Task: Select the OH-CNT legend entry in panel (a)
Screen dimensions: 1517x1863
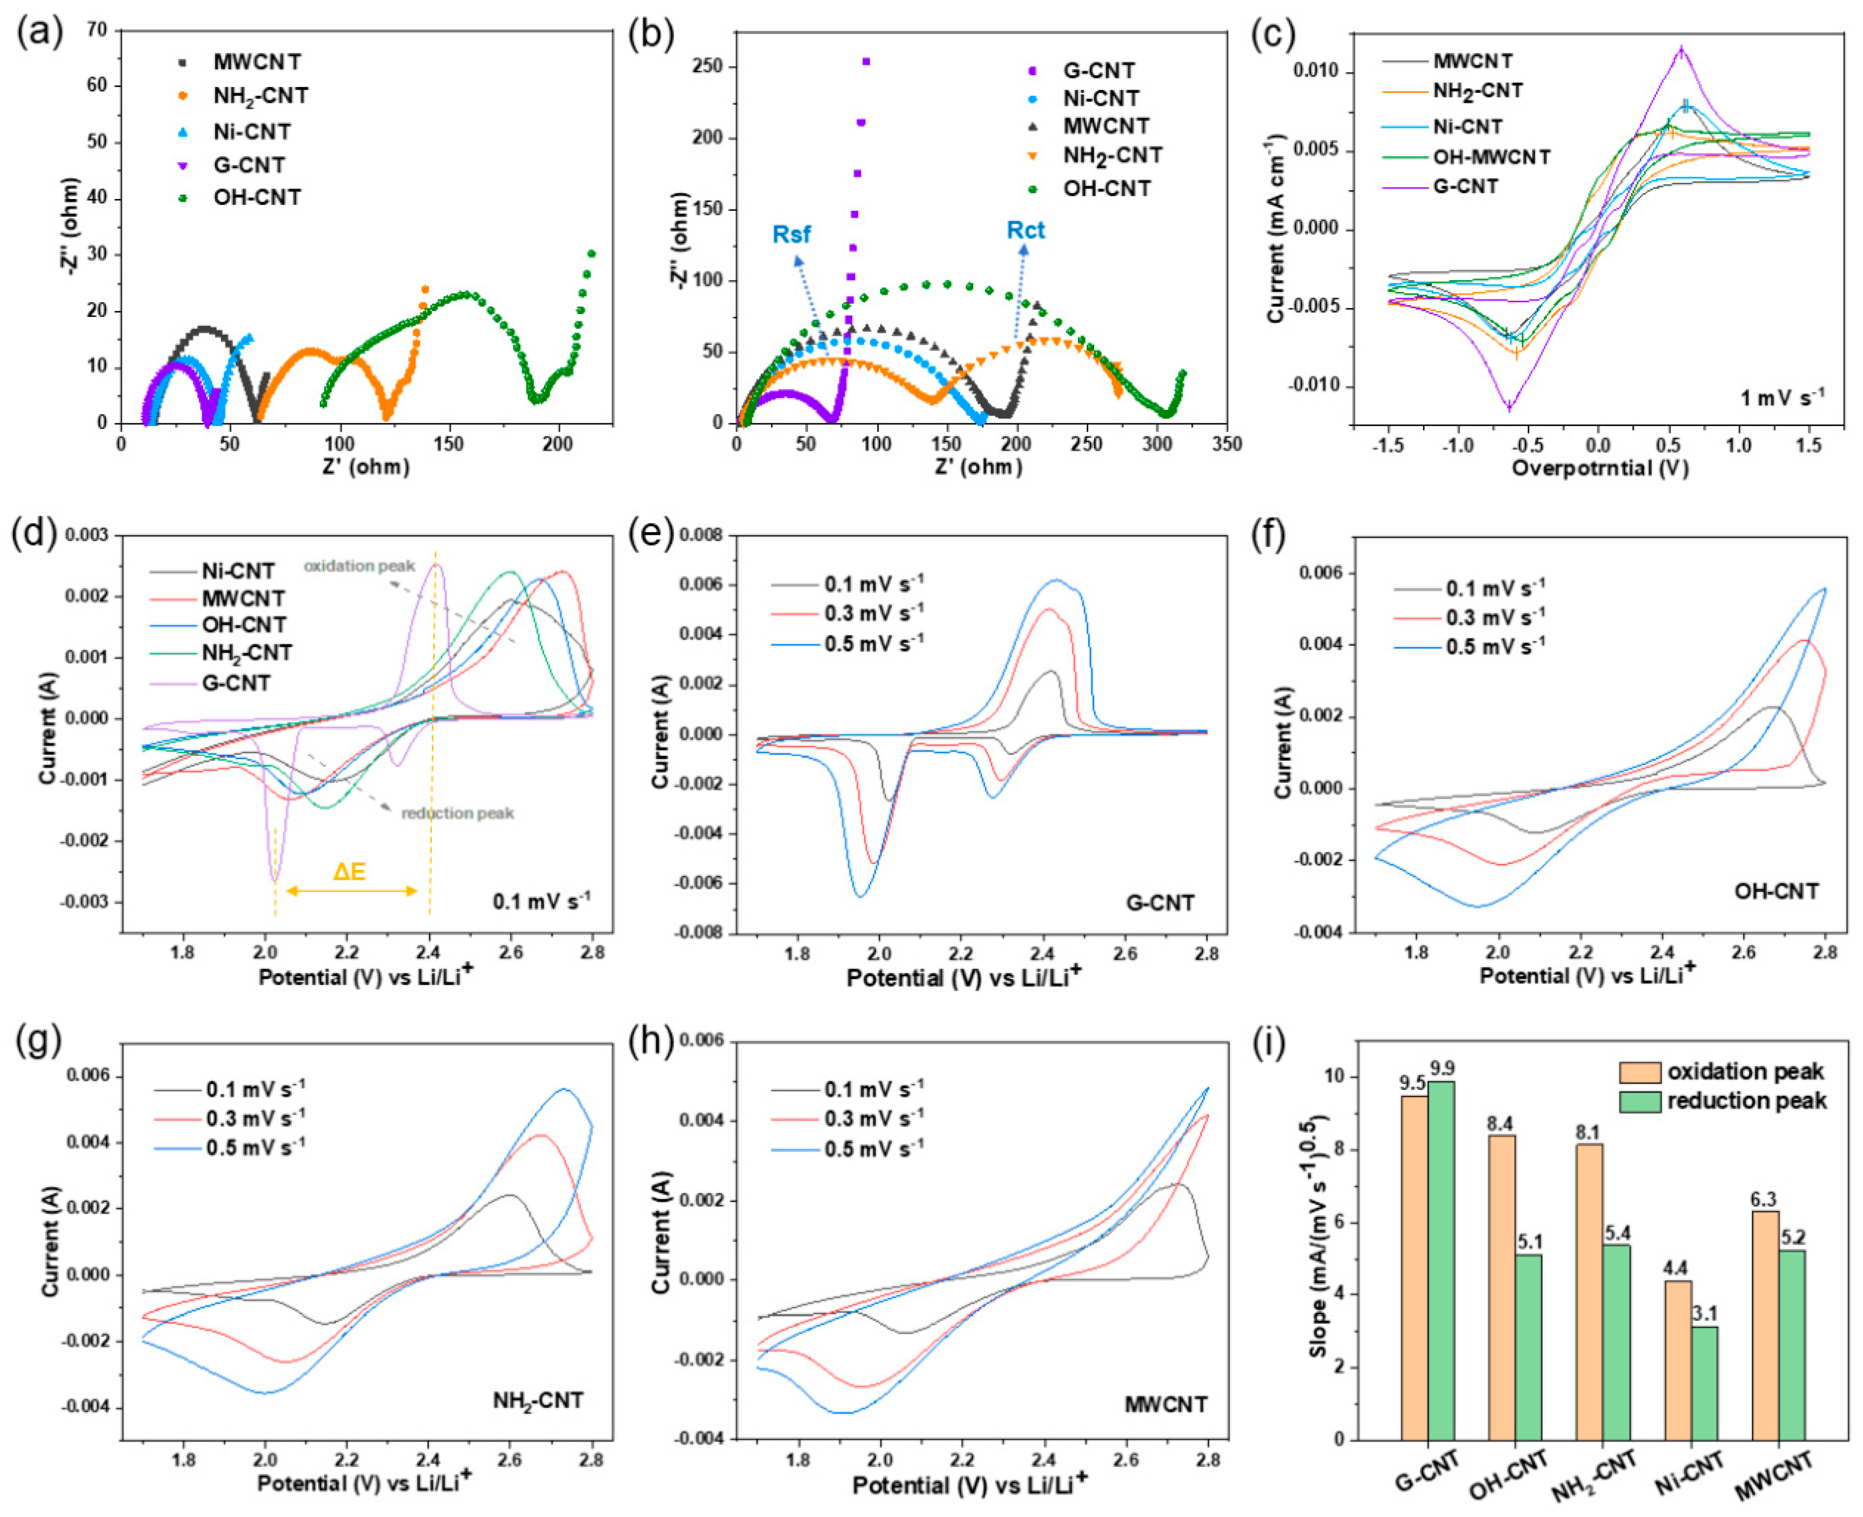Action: point(256,197)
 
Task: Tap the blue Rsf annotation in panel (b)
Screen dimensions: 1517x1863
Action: point(792,234)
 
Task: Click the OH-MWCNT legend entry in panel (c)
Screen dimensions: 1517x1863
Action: point(1491,157)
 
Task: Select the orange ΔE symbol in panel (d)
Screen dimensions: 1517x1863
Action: point(350,871)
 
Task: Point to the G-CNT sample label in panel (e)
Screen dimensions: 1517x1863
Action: point(1159,903)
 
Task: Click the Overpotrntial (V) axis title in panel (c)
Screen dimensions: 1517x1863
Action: point(1599,468)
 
